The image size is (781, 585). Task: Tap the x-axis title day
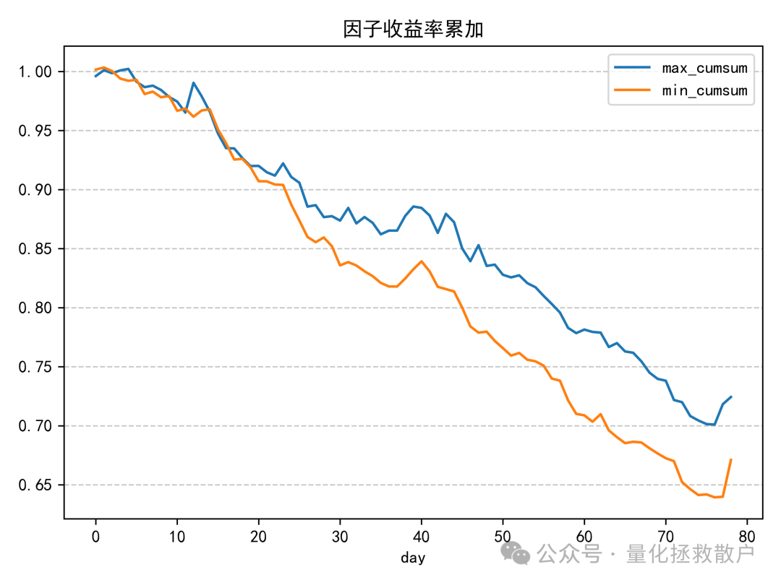click(x=413, y=558)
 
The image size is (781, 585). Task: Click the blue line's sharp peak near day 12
click(x=193, y=82)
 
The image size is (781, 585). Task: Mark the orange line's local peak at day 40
click(x=421, y=261)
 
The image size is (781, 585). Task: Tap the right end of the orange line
click(x=731, y=459)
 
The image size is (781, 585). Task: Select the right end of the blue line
click(x=731, y=396)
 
